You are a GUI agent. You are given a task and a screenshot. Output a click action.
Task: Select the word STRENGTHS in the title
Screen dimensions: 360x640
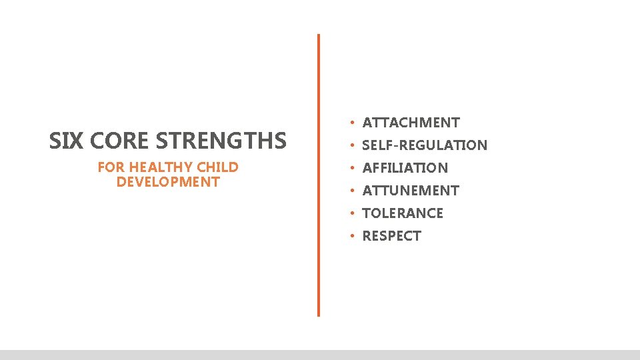point(220,141)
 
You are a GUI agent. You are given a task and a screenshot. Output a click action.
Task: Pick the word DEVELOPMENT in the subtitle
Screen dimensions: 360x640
point(167,181)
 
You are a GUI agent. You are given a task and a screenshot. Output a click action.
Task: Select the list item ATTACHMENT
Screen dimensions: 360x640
point(411,123)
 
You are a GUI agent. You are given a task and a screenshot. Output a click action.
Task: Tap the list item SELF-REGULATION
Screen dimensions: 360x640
point(425,145)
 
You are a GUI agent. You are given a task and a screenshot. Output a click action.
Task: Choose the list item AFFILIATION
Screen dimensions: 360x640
point(405,168)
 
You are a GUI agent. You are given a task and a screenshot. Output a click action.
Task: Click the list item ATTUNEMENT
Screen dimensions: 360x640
point(410,191)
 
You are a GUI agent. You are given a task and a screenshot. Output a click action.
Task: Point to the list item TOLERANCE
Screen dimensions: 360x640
point(402,213)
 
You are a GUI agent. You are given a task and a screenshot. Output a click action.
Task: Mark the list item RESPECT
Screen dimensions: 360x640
point(391,236)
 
